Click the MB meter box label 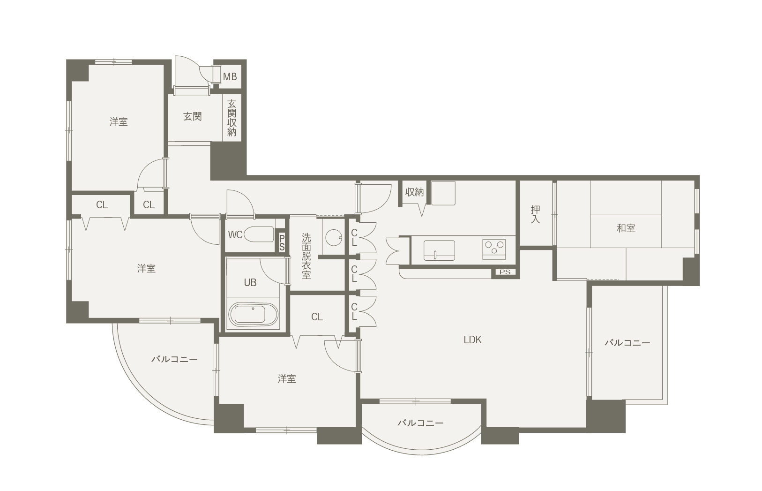(230, 77)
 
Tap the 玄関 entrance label (193, 117)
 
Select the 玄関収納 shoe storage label (232, 118)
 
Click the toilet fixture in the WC (259, 234)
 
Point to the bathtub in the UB (254, 314)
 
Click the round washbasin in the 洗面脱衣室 (333, 237)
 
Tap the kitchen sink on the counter (439, 250)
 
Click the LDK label (472, 340)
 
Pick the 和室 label (626, 228)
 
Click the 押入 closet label (536, 214)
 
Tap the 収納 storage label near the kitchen (414, 192)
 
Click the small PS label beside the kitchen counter (505, 272)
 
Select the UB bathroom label (250, 283)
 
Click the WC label (235, 235)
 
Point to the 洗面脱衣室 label (306, 256)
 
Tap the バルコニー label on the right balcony (628, 343)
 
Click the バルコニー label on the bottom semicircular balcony (421, 423)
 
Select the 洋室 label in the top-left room (119, 122)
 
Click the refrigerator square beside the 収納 (443, 193)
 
